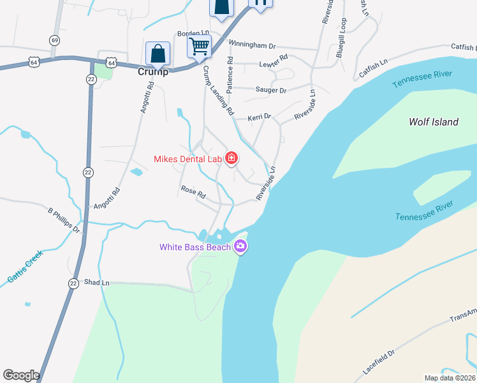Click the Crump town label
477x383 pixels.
[x=153, y=71]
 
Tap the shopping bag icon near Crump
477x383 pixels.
[x=157, y=54]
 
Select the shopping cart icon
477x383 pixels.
[x=199, y=46]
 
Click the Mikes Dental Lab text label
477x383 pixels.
[x=187, y=159]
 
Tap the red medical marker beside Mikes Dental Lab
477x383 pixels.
[x=230, y=158]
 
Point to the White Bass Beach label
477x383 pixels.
[x=196, y=247]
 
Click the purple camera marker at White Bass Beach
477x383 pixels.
[x=240, y=246]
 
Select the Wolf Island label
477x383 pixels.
[x=433, y=122]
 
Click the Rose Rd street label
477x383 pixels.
[x=193, y=191]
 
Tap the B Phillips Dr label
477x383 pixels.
[x=64, y=220]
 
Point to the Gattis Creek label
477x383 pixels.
[x=25, y=267]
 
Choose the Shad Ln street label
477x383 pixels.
[x=97, y=282]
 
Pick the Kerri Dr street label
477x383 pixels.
[x=260, y=117]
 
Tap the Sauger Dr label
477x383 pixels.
[x=271, y=91]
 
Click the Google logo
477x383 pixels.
[x=21, y=375]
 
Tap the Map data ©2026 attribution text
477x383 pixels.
[x=450, y=378]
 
